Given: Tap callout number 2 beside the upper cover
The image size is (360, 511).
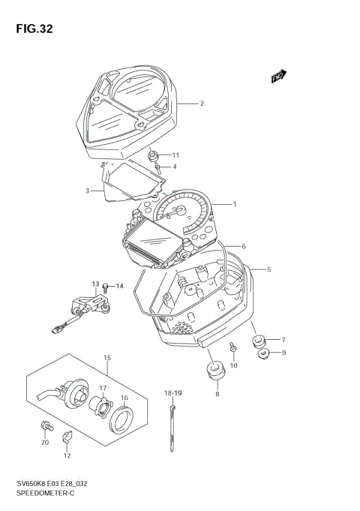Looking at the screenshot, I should [x=202, y=103].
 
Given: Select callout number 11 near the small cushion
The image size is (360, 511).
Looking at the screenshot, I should [x=87, y=191].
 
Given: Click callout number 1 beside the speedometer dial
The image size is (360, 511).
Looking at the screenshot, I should [x=234, y=204].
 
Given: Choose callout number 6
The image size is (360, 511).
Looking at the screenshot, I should [x=244, y=246].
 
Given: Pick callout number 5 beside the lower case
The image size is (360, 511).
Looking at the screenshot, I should [x=269, y=269].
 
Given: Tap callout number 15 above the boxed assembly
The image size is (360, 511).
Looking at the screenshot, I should [x=107, y=357].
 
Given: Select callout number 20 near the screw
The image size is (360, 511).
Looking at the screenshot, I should [x=45, y=442].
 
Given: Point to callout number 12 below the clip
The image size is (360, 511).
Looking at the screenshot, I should [x=67, y=455].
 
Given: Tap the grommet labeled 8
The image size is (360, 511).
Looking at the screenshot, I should [x=216, y=371].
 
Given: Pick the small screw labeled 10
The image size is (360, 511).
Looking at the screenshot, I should [x=234, y=347].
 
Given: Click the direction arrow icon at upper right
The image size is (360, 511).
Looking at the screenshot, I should [x=278, y=75].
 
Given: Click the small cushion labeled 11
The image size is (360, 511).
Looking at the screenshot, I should [x=154, y=156].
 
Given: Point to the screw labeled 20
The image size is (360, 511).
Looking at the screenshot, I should [x=46, y=426].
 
